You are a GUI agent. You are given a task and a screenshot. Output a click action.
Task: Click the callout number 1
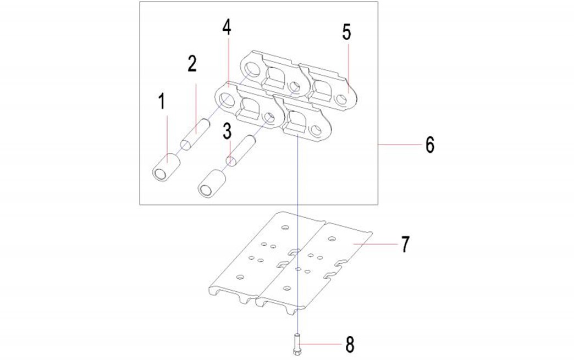[x=162, y=102]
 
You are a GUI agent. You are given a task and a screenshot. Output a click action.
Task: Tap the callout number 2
[x=192, y=64]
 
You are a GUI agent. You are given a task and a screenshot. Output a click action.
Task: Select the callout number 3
[x=227, y=131]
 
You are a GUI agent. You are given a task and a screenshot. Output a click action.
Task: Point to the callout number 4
[x=227, y=27]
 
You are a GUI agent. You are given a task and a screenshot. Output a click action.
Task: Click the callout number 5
[x=346, y=32]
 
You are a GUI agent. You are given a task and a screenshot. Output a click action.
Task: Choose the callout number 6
[x=430, y=145]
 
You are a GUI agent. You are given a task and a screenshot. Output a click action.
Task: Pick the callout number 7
[x=405, y=244]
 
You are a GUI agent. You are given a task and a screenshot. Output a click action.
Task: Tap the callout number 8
[x=350, y=345]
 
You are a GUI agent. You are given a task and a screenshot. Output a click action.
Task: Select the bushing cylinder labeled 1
[x=166, y=167]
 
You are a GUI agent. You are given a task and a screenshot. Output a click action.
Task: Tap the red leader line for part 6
[x=399, y=145]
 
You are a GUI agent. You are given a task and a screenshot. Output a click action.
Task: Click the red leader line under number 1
[x=167, y=140]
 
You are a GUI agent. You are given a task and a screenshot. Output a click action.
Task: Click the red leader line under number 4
[x=228, y=62]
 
